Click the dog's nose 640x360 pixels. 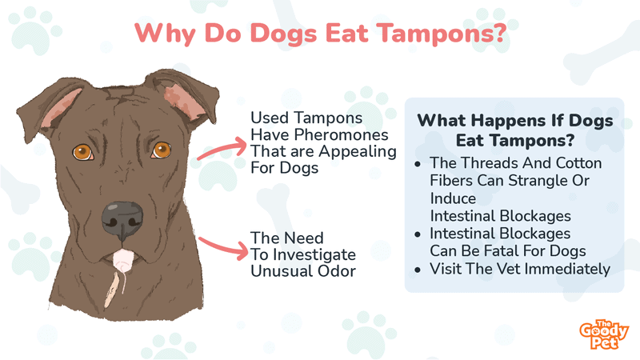pos(122,221)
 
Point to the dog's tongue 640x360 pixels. pos(123,261)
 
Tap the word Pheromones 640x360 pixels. pos(342,134)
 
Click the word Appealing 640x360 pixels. pos(358,152)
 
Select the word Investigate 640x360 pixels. pos(314,255)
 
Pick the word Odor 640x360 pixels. pos(337,271)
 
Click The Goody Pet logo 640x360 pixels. pos(604,334)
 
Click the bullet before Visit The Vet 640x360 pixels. pos(417,270)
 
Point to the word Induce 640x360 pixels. pos(453,198)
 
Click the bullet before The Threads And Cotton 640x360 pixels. pos(417,165)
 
